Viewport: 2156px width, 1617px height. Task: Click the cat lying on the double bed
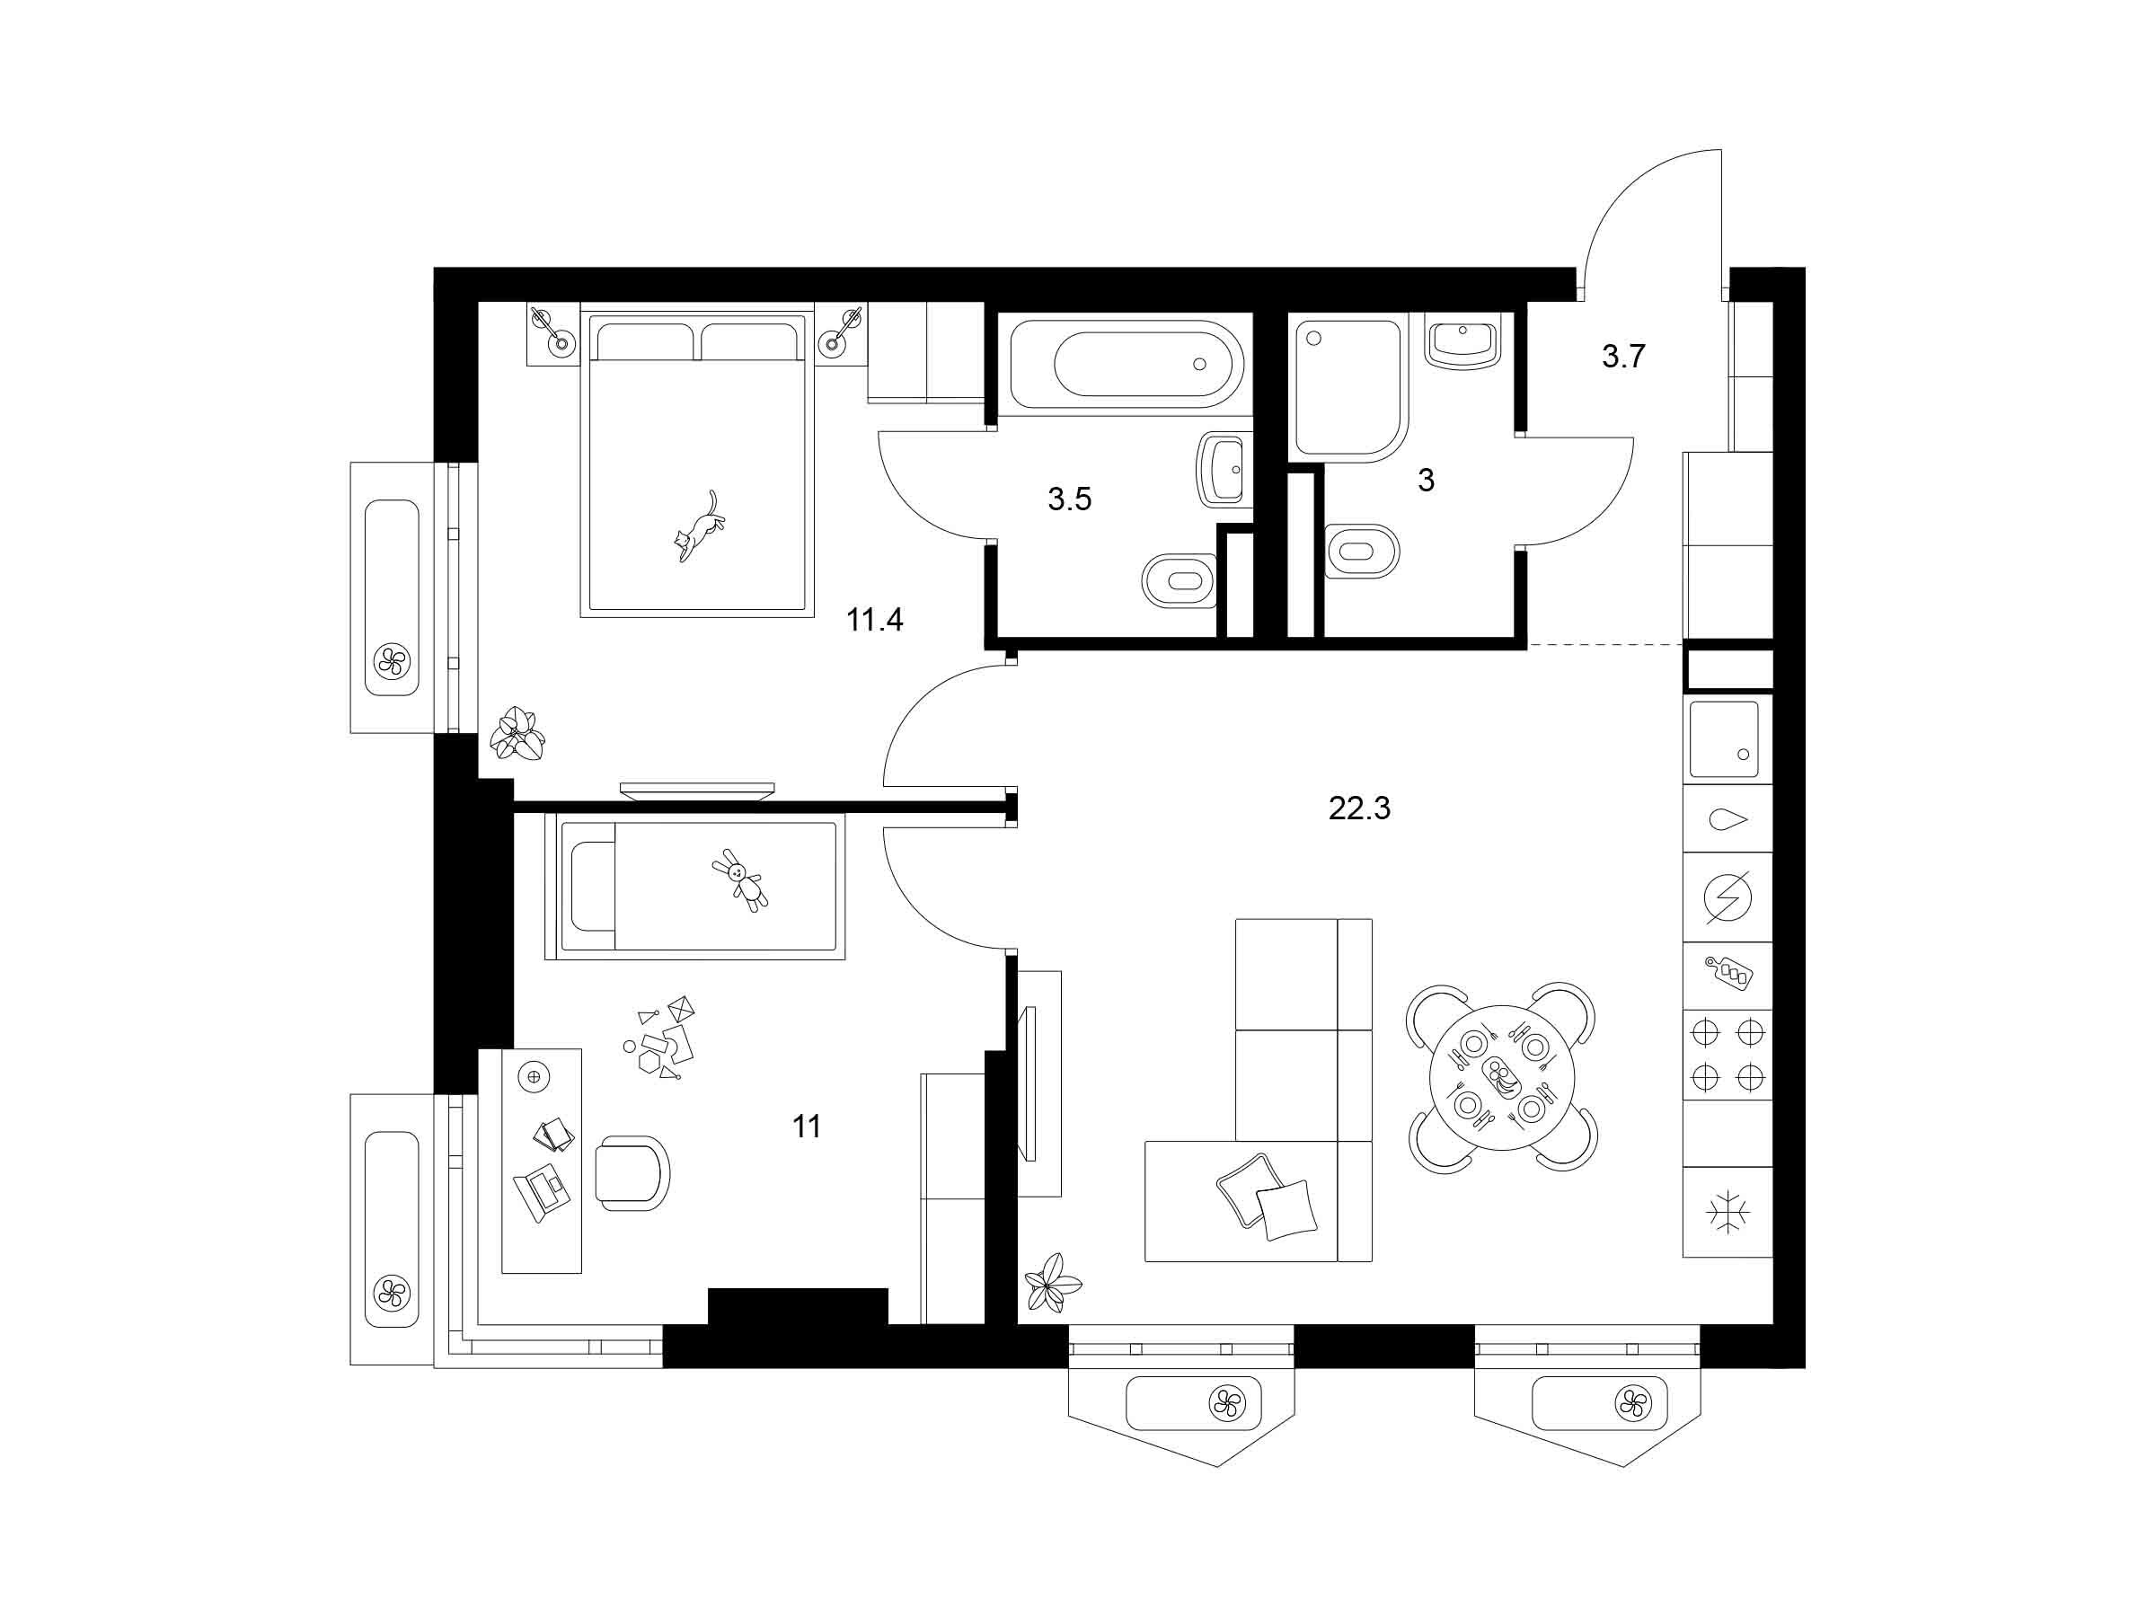coord(699,527)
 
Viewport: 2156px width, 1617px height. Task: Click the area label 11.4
coord(874,619)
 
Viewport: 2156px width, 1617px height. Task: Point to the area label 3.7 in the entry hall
coord(1623,357)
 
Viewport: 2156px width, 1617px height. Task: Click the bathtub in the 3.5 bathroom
coord(1127,364)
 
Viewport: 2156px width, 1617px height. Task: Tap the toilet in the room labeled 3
coord(1363,551)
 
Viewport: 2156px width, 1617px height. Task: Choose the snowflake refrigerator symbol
coord(1727,1212)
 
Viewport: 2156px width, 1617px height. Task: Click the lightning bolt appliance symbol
coord(1727,897)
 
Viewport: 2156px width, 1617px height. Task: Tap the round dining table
coord(1501,1077)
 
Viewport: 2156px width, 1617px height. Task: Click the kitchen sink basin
coord(1723,738)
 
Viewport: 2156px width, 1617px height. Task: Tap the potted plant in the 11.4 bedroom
coord(517,732)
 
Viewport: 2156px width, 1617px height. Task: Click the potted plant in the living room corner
coord(1052,1283)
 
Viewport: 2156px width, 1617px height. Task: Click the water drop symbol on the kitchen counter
coord(1727,819)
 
